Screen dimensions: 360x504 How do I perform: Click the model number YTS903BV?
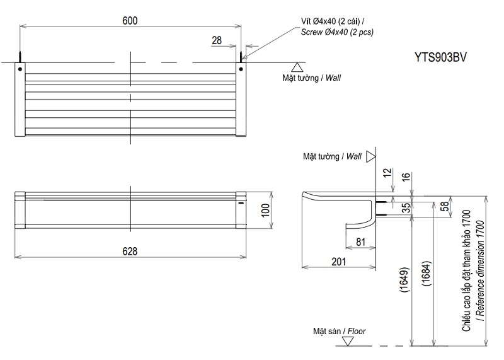pos(441,56)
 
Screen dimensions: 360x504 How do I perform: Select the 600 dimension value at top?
pos(130,20)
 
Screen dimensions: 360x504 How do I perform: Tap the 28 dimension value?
pos(217,40)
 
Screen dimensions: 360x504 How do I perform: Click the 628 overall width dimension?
pos(130,251)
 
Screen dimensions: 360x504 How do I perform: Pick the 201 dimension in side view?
pos(338,262)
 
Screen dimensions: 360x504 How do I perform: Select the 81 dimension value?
pos(361,241)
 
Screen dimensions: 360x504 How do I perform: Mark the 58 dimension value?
pos(445,206)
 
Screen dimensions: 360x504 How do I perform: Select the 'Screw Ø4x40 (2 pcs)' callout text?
pos(337,32)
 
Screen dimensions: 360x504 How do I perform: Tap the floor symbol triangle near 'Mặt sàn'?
pos(347,342)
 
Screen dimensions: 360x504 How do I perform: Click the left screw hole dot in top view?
pos(20,68)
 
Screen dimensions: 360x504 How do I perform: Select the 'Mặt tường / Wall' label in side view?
pos(332,155)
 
